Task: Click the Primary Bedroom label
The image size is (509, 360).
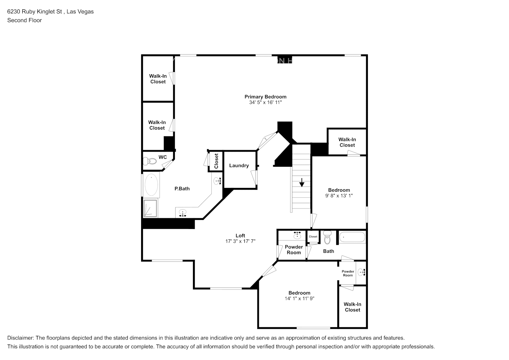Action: [265, 96]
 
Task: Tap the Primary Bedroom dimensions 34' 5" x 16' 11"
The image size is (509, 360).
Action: [265, 103]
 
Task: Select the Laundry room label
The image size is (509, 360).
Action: [239, 166]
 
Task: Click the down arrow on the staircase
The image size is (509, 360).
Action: [302, 183]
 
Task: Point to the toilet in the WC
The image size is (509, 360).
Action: [150, 161]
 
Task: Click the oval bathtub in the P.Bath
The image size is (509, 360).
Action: [151, 185]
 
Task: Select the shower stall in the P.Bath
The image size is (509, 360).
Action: [150, 208]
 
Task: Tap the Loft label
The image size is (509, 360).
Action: [240, 236]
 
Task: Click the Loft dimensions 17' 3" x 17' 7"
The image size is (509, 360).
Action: [240, 242]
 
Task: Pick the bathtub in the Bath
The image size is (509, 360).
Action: [352, 238]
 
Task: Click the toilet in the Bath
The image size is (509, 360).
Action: [327, 238]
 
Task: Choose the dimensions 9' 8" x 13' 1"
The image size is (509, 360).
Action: [339, 196]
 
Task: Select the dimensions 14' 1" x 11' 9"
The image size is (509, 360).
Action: [299, 298]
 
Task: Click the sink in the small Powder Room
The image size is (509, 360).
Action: [361, 273]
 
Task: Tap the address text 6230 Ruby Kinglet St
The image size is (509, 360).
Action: [36, 12]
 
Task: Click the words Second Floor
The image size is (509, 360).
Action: [24, 20]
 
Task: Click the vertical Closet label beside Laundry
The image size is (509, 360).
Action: [216, 161]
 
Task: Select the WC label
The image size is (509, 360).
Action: [163, 157]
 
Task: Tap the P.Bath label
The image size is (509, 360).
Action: [182, 189]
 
